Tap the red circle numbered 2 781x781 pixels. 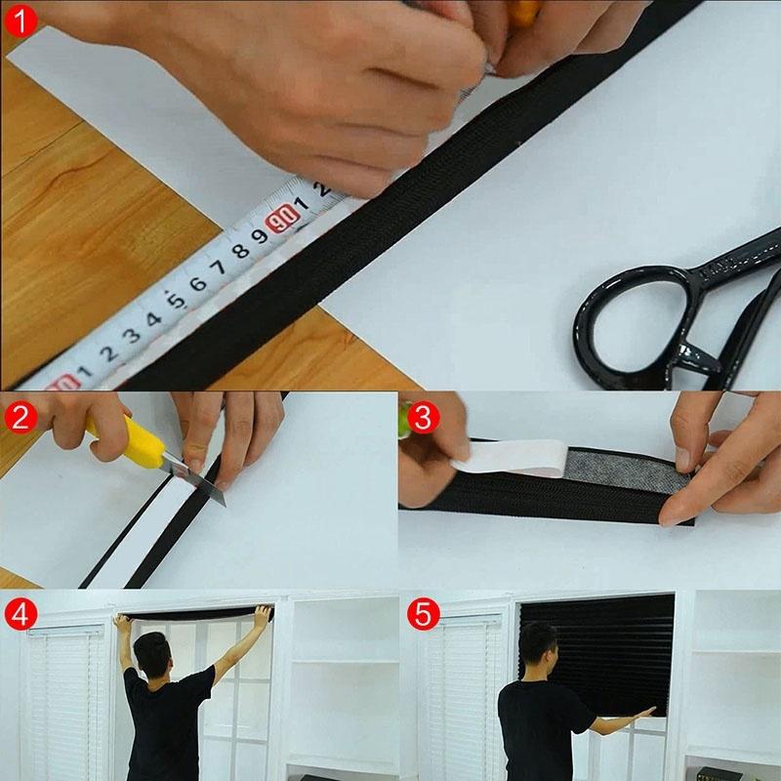click(20, 418)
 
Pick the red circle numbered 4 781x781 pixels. click(20, 615)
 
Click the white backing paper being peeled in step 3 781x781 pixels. click(513, 457)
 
